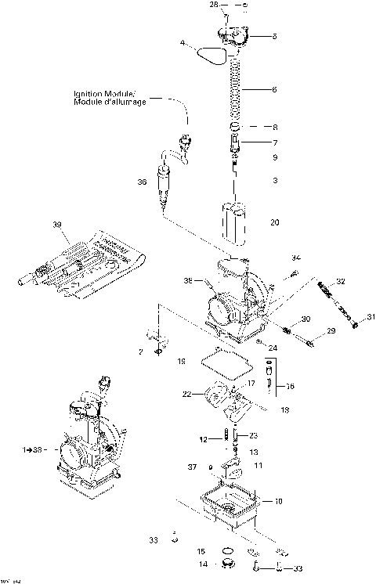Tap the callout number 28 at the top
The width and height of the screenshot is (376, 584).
click(214, 5)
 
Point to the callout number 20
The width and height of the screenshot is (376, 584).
click(274, 222)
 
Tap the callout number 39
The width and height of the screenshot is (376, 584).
click(56, 225)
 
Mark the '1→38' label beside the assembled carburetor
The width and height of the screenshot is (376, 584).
click(33, 450)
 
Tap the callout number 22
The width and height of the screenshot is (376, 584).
click(186, 394)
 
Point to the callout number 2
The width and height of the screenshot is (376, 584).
click(140, 351)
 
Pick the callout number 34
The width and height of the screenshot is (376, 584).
click(296, 258)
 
